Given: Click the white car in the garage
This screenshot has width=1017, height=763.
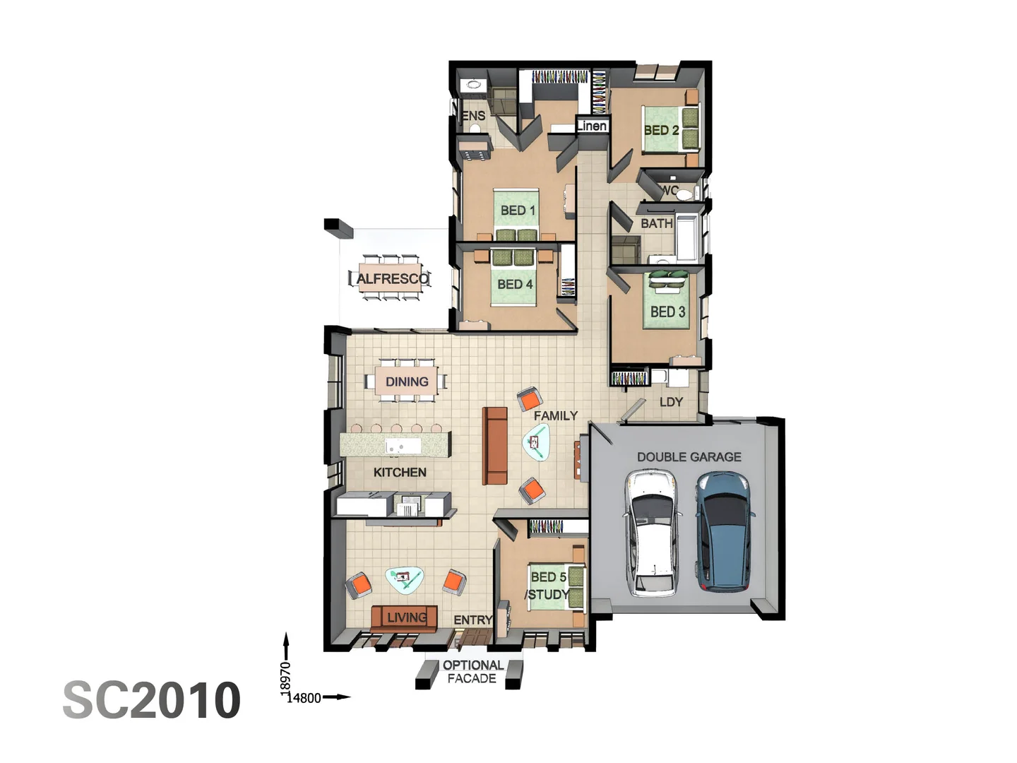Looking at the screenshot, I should [653, 533].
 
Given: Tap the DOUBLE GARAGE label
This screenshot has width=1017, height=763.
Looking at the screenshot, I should [689, 457].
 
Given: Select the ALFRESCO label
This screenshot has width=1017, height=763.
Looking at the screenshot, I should [392, 278].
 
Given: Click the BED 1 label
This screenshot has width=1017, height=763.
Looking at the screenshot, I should [518, 211].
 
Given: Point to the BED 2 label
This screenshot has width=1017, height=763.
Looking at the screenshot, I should [661, 130].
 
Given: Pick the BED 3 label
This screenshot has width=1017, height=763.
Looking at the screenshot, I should [667, 312].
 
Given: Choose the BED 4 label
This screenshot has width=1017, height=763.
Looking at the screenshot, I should [515, 284].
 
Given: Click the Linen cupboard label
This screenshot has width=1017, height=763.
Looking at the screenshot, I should [592, 126].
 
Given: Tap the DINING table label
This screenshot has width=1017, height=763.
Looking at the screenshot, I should [407, 381].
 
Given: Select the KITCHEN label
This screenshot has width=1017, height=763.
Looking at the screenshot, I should [400, 472].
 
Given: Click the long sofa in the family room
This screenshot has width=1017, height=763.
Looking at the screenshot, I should [494, 446].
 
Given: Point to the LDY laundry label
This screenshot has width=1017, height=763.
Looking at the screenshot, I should [671, 402].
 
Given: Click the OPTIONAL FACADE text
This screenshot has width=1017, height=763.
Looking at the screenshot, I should [472, 672].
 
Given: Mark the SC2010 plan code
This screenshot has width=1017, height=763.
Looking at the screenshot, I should [152, 700].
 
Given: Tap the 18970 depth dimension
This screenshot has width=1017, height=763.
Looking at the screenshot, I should [285, 676].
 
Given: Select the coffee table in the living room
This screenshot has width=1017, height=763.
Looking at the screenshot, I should [405, 579].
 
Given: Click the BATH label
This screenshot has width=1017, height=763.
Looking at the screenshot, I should [656, 223].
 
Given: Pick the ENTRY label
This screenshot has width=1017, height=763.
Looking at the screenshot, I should [472, 620].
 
